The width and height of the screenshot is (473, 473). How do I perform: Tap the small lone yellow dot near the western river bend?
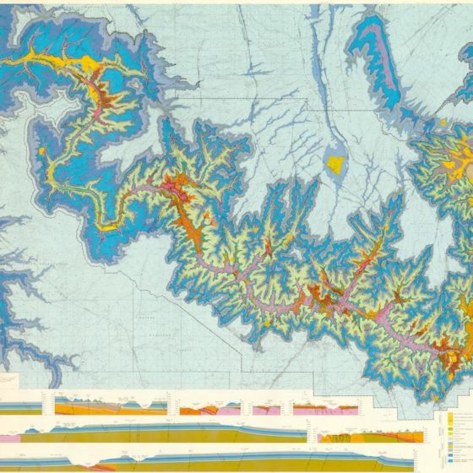click(x=41, y=151)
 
